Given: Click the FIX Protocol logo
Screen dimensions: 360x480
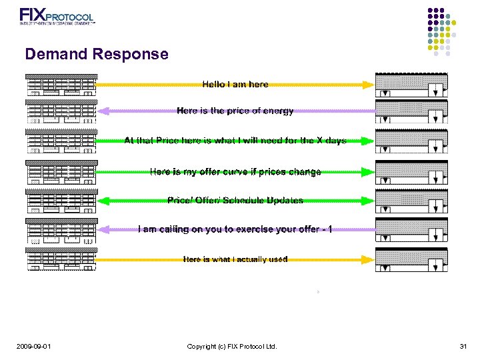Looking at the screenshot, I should [57, 16].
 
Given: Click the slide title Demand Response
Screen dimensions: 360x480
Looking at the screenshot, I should [97, 54].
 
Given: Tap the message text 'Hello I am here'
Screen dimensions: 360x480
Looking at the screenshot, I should [235, 85].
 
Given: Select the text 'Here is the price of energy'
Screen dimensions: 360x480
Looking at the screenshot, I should [235, 111].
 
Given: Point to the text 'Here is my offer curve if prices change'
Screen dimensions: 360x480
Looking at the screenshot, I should [235, 172].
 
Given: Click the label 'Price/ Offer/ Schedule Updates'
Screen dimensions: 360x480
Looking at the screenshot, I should [235, 201].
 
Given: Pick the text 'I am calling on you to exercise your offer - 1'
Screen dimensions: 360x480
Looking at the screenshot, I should [235, 229].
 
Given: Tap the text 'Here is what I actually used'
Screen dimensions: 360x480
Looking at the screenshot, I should [235, 259].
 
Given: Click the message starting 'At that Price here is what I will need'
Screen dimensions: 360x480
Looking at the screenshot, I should [235, 141].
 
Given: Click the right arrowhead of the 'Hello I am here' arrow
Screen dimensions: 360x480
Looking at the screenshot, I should [368, 85].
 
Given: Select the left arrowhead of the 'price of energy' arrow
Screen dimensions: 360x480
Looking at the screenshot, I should [103, 111].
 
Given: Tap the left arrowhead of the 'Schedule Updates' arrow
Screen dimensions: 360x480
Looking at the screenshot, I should [103, 201].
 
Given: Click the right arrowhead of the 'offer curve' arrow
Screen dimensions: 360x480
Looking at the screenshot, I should [368, 172].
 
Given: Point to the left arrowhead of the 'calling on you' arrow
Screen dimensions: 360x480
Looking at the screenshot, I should [103, 229].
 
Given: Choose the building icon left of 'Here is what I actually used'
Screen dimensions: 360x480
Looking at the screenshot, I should [61, 259].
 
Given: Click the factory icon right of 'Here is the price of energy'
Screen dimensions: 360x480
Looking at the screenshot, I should [411, 111].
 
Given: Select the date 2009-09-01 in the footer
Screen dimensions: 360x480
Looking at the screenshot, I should [36, 346].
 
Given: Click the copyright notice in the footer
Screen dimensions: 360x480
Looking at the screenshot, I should [232, 346].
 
